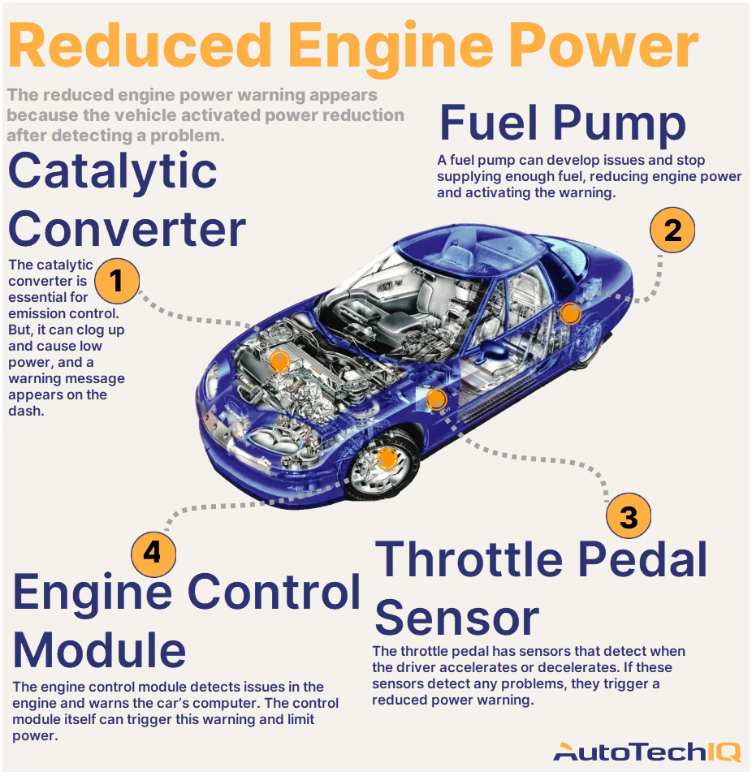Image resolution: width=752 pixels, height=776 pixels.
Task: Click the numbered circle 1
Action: coord(116,281)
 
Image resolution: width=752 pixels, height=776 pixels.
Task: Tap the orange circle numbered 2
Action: coord(672,231)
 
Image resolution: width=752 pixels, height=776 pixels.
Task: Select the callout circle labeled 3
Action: coord(629,515)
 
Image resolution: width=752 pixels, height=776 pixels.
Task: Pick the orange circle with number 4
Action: coord(153,553)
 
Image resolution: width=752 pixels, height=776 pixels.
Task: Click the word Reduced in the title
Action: coord(140,46)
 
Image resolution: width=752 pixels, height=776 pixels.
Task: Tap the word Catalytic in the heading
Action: coord(112,172)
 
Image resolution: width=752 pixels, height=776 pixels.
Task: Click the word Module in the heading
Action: coord(99,650)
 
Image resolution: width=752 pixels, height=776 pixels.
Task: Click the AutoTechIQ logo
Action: coord(647,752)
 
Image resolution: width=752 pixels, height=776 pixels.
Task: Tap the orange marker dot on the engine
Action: coord(279,361)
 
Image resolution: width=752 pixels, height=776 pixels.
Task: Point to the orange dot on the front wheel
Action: coord(386,459)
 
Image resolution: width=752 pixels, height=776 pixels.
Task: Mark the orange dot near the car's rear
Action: coord(570,313)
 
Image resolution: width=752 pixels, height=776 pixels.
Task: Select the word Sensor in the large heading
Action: coord(456,619)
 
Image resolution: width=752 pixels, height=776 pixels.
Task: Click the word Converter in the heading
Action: coord(127,229)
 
